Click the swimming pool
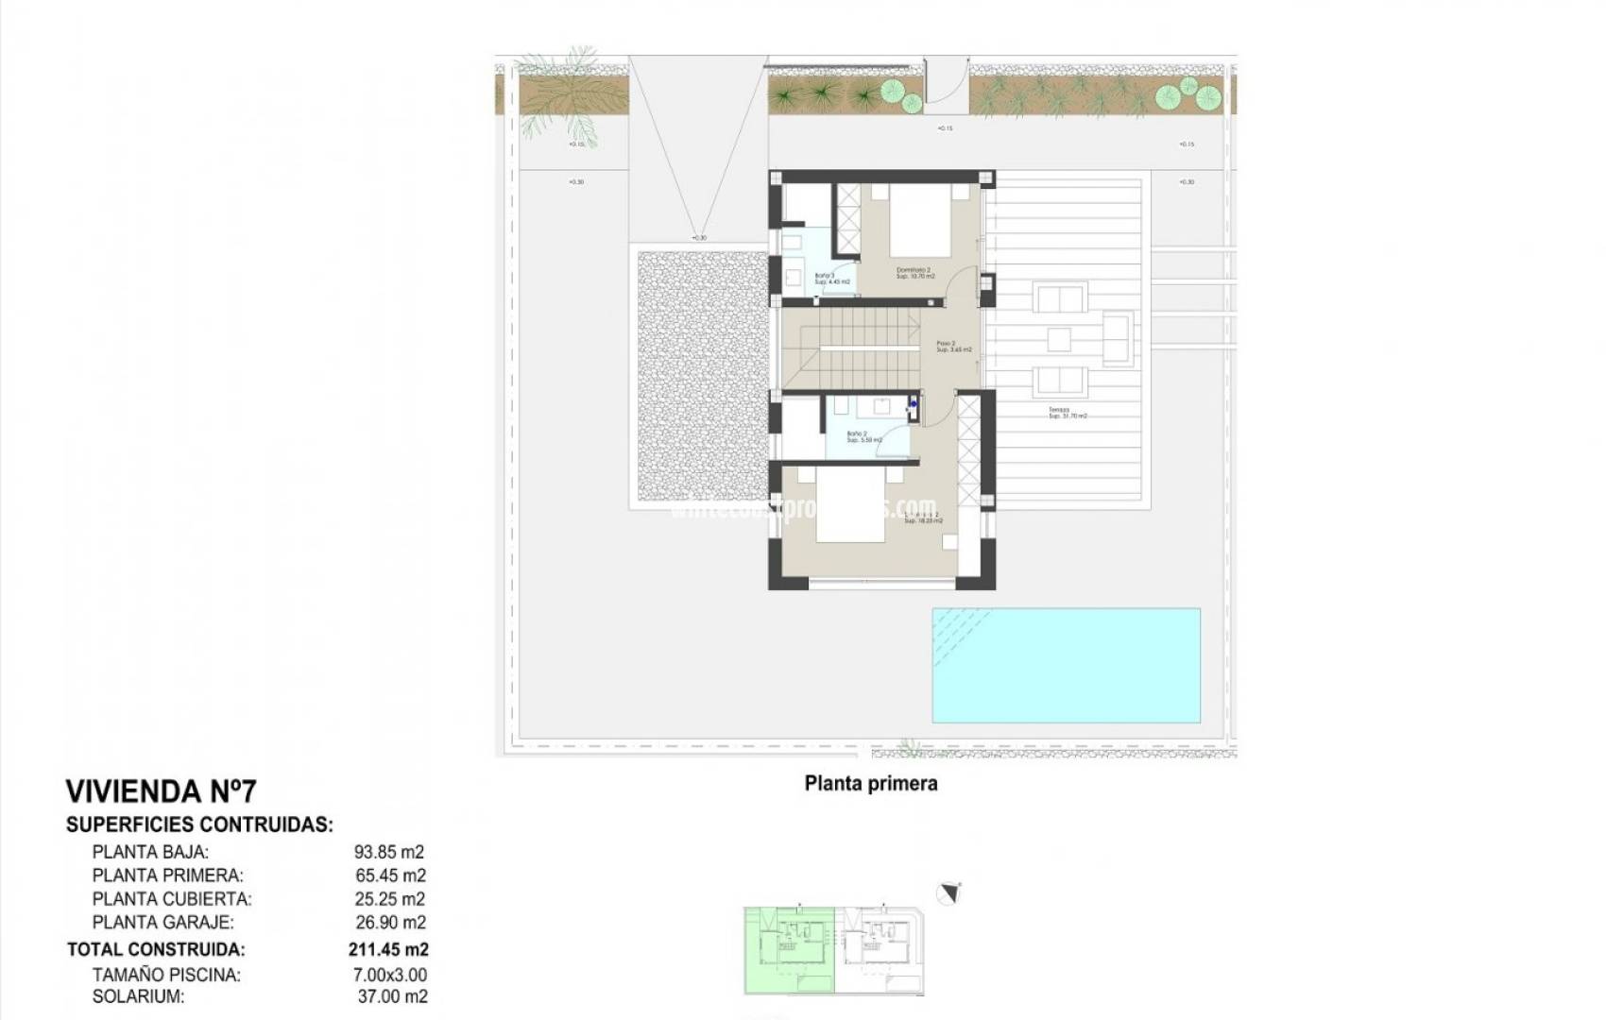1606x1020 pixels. coord(1066,665)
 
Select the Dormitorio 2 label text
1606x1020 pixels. coord(914,273)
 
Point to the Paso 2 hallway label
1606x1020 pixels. coord(952,347)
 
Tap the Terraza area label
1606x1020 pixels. coord(1067,413)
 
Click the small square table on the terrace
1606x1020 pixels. coord(1059,338)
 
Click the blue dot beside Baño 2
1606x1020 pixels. coord(914,404)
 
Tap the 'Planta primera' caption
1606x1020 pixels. coord(870,783)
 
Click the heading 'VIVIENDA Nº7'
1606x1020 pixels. coord(160,790)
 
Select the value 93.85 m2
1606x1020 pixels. coord(389,852)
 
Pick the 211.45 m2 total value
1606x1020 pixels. coord(387,949)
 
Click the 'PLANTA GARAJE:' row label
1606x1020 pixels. coord(162,922)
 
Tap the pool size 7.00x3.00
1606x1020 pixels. coord(389,975)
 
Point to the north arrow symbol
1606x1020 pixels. coord(948,892)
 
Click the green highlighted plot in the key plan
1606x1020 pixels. coord(789,949)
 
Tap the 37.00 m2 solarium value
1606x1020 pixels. coord(391,996)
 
